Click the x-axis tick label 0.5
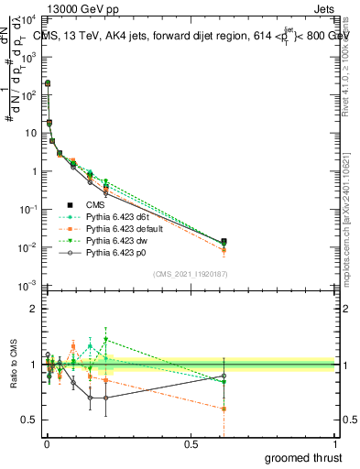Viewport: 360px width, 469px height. click(191, 444)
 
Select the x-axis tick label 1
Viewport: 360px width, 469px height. click(336, 444)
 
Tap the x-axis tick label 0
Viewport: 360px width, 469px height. click(47, 444)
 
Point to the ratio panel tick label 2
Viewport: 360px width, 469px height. click(35, 309)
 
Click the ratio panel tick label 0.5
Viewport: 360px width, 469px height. click(31, 420)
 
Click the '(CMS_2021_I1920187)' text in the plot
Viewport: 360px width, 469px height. click(191, 273)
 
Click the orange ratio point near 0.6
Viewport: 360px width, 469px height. click(224, 409)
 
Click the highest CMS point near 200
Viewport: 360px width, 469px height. click(48, 83)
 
